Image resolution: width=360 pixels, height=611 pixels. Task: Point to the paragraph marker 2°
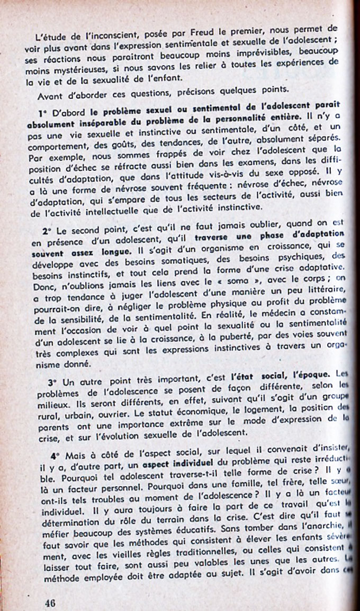pyautogui.click(x=47, y=217)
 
